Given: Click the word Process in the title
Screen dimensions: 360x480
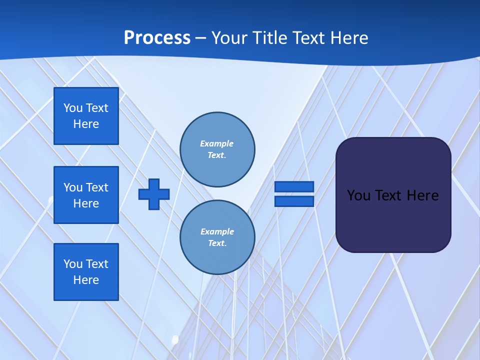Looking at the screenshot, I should click(x=157, y=38).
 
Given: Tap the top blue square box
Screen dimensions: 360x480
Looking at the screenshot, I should click(x=86, y=116).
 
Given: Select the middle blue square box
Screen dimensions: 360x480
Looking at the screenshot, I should click(x=86, y=195).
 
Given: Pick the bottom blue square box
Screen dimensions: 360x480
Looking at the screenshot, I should click(x=86, y=272).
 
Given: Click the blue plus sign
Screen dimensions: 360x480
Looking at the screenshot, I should click(x=154, y=194).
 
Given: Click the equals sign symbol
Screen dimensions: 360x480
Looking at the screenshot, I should click(x=294, y=194).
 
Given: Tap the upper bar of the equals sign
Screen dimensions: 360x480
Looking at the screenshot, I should click(x=294, y=187).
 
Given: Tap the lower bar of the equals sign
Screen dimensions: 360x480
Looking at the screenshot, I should click(x=294, y=201).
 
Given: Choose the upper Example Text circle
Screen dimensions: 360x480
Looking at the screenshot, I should click(x=217, y=149).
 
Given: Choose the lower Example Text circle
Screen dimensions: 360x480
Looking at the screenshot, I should click(x=217, y=237).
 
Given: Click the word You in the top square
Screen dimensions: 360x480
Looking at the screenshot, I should click(x=73, y=108).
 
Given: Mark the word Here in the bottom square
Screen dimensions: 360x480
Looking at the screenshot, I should click(x=86, y=280).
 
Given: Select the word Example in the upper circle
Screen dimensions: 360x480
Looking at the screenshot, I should click(x=217, y=143).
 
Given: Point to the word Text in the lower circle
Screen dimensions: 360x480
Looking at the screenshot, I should click(x=217, y=243).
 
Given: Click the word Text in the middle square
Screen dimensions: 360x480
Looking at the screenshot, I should click(x=97, y=187).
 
